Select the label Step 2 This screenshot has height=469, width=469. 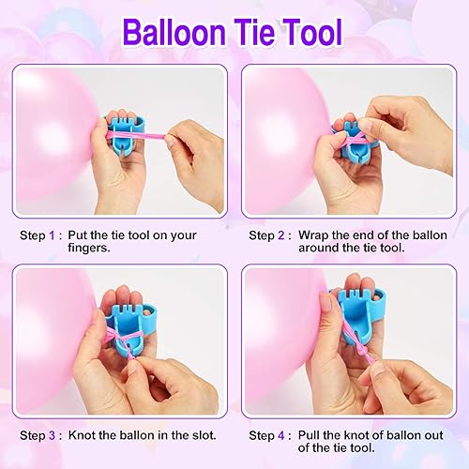pos(268,235)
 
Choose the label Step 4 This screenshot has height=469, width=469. pos(268,435)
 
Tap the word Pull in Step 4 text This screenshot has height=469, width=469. pos(311,435)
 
